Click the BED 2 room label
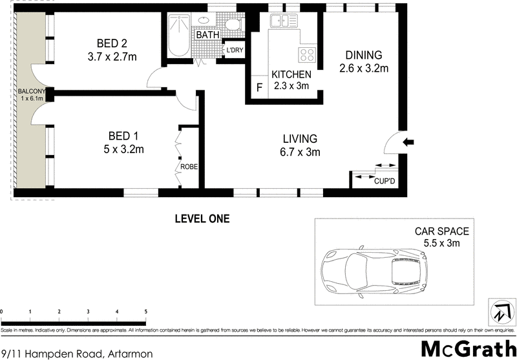(112, 43)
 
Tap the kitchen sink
(283, 21)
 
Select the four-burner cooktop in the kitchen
(306, 54)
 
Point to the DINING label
(363, 55)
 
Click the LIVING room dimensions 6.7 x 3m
(299, 153)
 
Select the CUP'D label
(385, 181)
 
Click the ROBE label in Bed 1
(189, 166)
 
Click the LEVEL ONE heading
(202, 219)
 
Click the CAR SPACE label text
(442, 231)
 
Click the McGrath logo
(465, 348)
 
